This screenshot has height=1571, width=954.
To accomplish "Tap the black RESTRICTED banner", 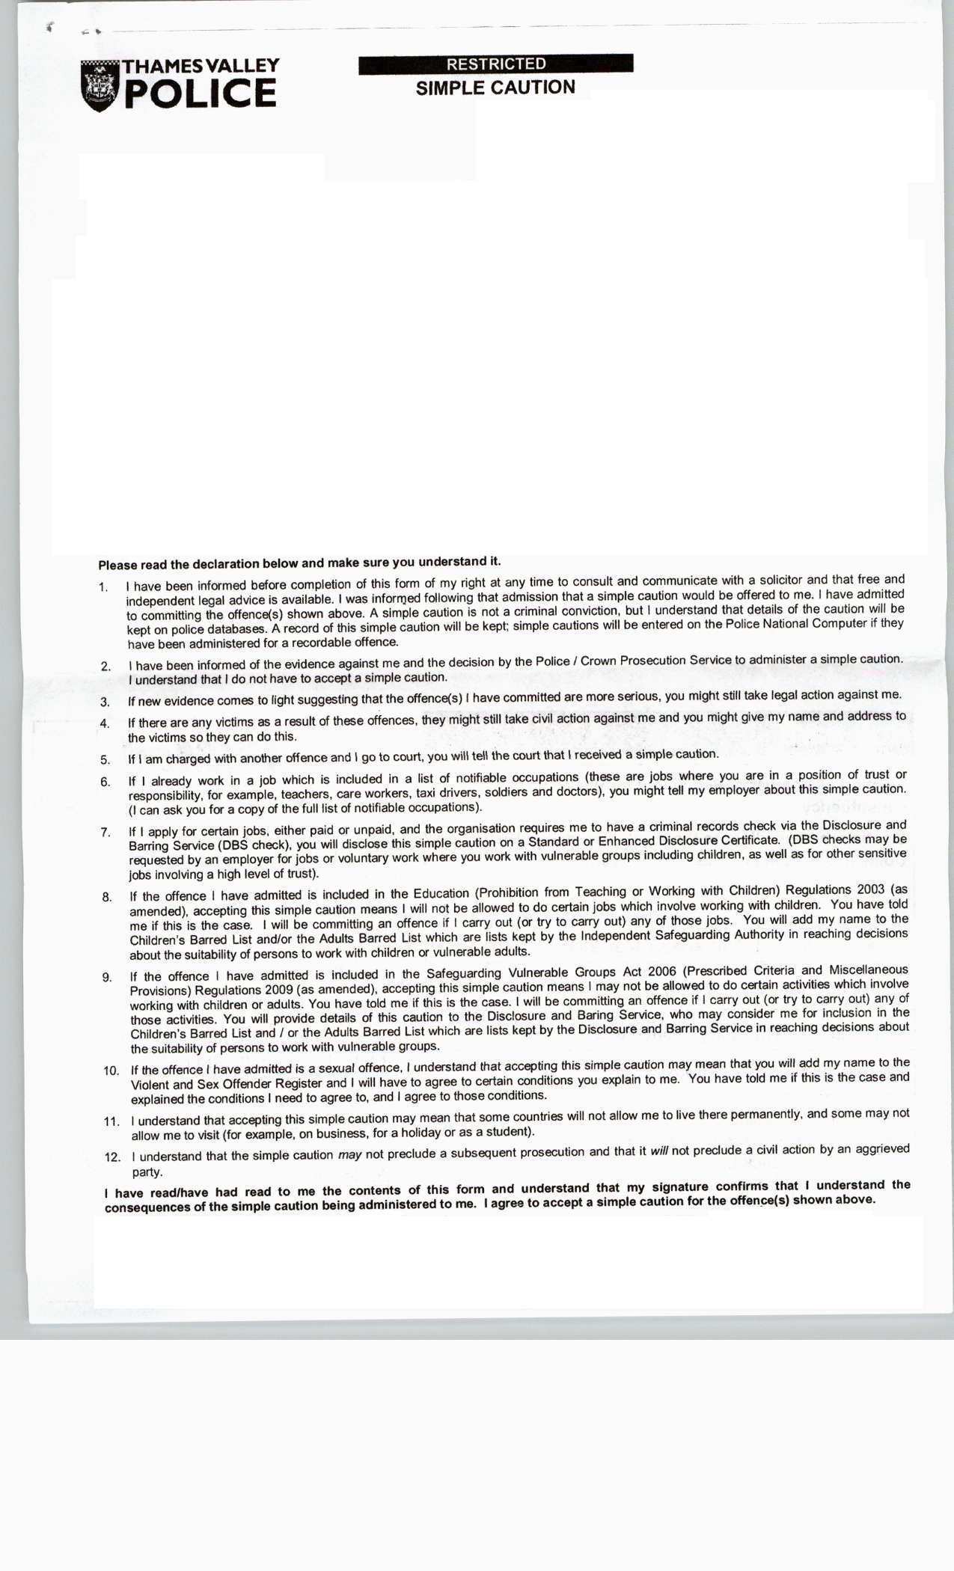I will (x=495, y=64).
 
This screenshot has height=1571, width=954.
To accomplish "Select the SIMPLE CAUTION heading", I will (x=495, y=88).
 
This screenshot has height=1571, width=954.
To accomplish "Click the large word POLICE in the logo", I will (x=201, y=94).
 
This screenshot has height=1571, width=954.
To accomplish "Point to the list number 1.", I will (x=103, y=587).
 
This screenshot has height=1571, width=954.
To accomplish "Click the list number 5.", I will (x=106, y=759).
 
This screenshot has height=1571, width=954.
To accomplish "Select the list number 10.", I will (x=111, y=1071).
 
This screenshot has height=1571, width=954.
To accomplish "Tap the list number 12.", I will (x=112, y=1157).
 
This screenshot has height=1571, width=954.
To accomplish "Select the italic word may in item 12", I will (x=349, y=1155).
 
